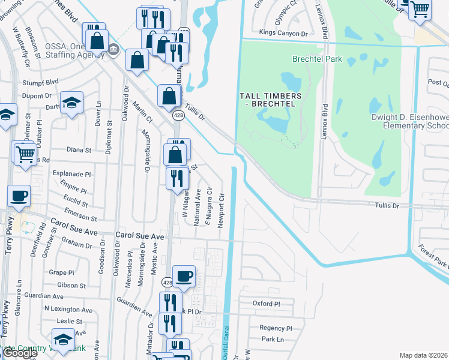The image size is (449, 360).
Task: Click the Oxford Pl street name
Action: (x=266, y=304)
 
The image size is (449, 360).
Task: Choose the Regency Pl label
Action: (x=275, y=328)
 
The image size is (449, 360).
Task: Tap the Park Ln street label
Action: (x=272, y=339)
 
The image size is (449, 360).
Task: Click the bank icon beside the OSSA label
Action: (x=114, y=52)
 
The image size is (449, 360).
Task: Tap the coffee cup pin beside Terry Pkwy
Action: (x=19, y=196)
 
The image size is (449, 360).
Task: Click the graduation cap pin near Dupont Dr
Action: (x=72, y=102)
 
